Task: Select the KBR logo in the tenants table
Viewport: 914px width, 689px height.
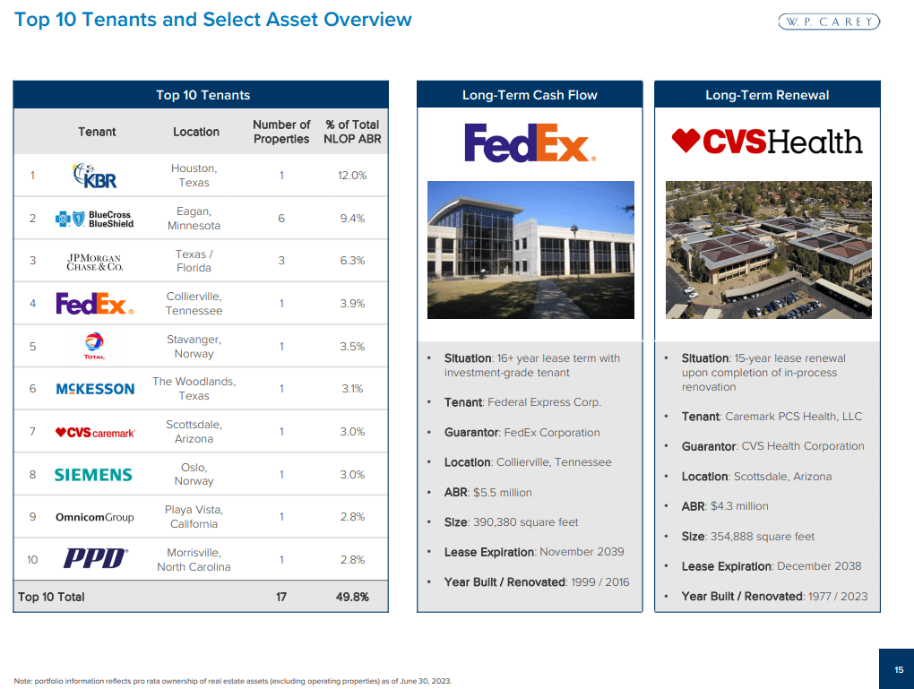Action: (95, 176)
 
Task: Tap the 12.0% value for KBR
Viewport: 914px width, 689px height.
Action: (352, 176)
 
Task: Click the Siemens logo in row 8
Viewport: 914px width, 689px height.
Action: (93, 475)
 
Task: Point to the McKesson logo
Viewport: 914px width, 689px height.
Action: (95, 389)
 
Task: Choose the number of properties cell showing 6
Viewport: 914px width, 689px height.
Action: (281, 219)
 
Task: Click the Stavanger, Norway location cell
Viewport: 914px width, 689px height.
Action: (194, 347)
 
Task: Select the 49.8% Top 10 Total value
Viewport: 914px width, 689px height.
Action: (352, 597)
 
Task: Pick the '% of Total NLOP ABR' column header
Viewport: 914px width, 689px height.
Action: (352, 132)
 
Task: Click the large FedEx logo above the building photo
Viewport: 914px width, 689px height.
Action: (530, 143)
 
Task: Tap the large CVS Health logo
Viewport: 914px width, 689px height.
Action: (767, 142)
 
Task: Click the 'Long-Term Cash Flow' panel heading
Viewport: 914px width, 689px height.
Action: (530, 95)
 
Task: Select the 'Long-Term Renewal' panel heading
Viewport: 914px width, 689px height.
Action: (767, 95)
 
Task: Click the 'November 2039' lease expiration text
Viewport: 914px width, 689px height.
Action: (582, 552)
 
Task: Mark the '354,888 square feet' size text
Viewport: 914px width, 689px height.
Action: (762, 537)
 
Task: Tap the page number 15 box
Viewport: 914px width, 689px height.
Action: (898, 669)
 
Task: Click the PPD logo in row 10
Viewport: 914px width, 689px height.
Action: (95, 560)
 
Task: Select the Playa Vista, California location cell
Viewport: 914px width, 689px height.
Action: (194, 517)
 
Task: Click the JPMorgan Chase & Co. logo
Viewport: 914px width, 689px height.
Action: (95, 262)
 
